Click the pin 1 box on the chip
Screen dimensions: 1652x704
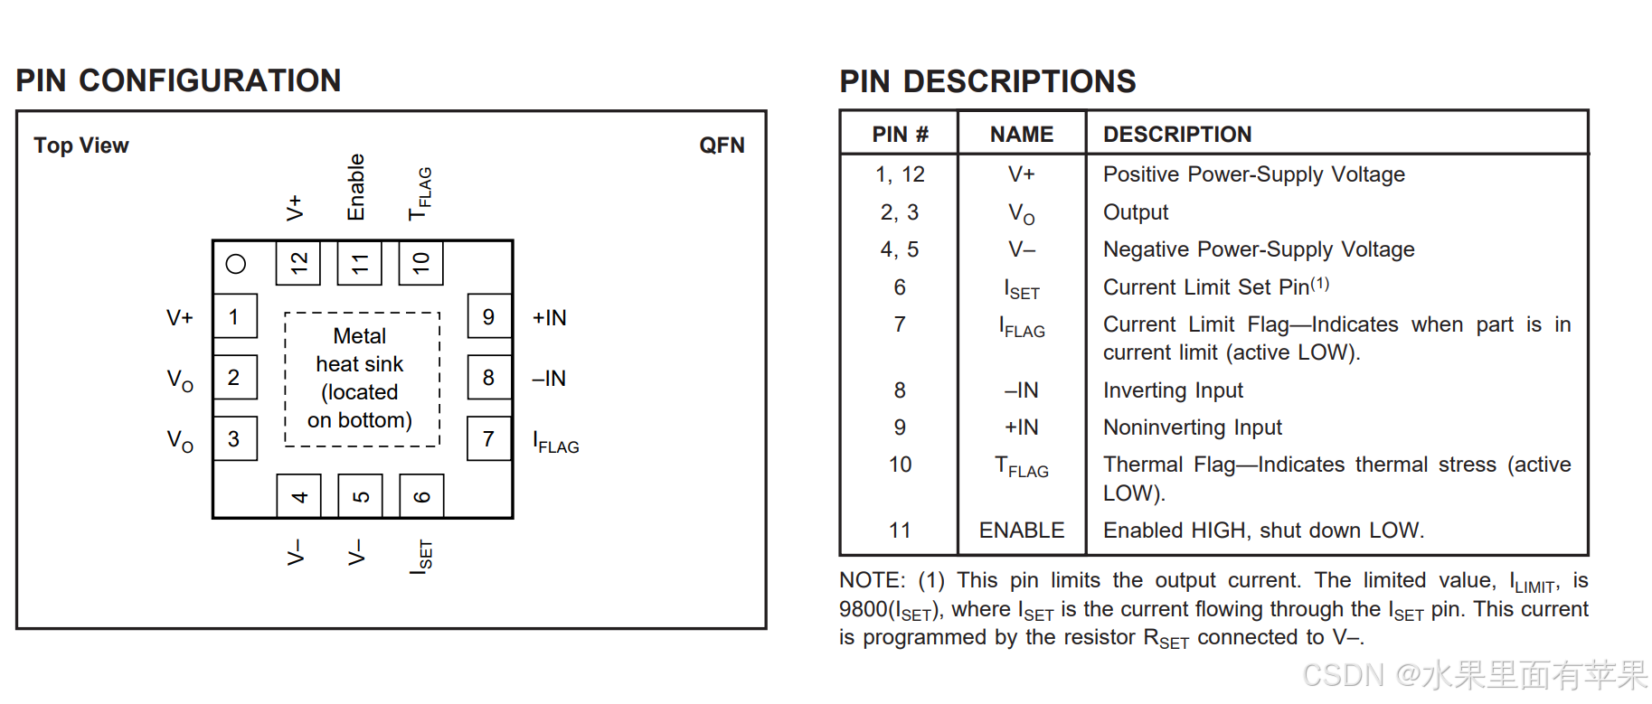pos(235,316)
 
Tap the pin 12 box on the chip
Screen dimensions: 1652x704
pos(298,262)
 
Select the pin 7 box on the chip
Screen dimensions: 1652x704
pos(489,438)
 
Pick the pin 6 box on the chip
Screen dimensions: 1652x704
pos(421,495)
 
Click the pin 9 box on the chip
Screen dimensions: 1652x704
pos(489,316)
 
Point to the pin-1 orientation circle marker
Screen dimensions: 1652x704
pos(236,264)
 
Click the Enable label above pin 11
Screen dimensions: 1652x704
pos(356,187)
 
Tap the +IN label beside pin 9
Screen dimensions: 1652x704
pos(550,318)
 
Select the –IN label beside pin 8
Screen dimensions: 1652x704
pos(549,379)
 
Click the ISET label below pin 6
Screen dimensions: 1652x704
pos(421,557)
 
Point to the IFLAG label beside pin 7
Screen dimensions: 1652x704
pos(556,443)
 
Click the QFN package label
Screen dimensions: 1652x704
pos(722,145)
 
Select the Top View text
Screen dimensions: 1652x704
pos(81,145)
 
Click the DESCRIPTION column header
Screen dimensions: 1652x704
pos(1177,135)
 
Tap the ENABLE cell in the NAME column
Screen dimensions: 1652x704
pos(1022,530)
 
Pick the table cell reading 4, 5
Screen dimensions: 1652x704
pos(900,249)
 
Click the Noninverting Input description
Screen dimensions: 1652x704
pos(1193,427)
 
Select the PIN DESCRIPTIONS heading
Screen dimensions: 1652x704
pos(987,81)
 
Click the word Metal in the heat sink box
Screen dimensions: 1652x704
pos(360,336)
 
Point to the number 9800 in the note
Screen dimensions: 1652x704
pos(864,609)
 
